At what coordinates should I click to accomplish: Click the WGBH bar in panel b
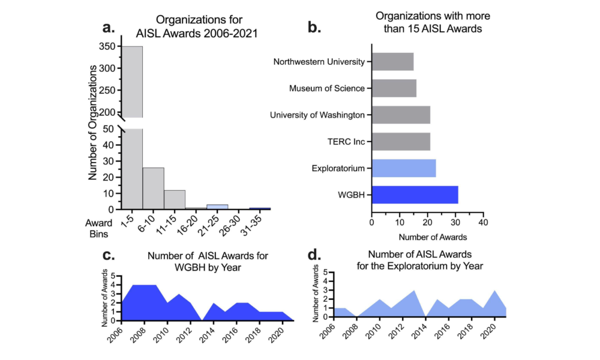click(415, 194)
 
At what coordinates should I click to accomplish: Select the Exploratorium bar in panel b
click(404, 169)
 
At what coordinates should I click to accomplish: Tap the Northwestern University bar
click(392, 61)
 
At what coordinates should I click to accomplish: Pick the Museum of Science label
click(327, 88)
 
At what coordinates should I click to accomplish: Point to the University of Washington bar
click(401, 115)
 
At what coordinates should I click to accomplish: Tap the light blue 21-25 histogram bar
click(217, 207)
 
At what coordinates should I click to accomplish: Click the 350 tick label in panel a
click(109, 46)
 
